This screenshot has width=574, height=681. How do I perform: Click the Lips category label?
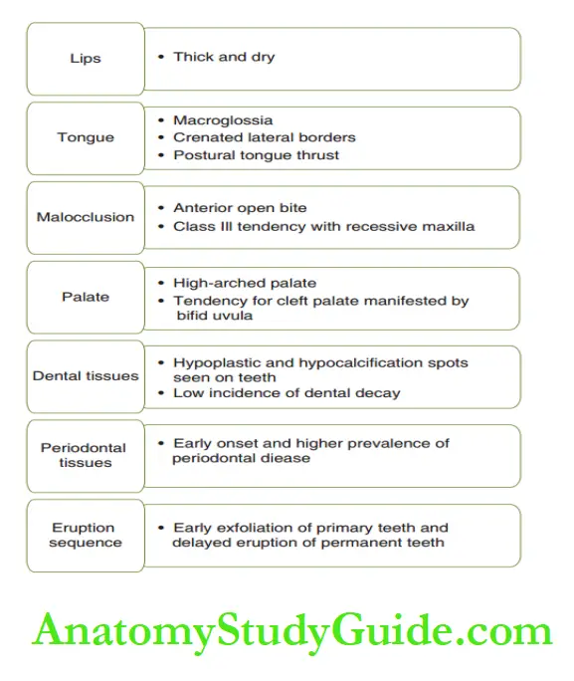point(86,58)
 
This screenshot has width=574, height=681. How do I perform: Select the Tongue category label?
point(86,137)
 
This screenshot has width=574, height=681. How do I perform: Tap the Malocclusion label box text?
point(86,217)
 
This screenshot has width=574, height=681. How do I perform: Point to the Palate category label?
point(86,297)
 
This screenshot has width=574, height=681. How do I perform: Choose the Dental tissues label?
point(86,376)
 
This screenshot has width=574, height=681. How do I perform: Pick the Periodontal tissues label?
point(84,455)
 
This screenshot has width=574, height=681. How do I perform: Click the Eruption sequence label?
point(86,535)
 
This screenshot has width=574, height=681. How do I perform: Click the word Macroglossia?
point(223,120)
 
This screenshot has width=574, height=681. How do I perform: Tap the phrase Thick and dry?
point(224,58)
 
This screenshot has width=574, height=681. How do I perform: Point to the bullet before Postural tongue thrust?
point(161,155)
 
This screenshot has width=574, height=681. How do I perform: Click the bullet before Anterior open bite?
point(161,208)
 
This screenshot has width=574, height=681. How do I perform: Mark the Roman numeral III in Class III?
point(227,227)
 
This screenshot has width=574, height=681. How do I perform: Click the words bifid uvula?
point(214,316)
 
